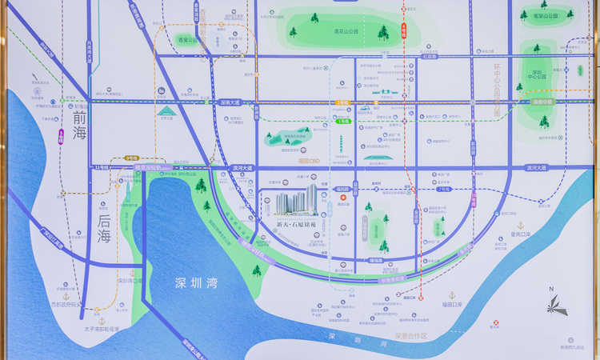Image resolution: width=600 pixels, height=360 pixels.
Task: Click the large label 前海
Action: click(78, 125)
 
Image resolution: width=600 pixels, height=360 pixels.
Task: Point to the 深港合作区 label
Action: click(411, 336)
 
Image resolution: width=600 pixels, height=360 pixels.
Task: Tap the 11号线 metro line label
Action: click(102, 168)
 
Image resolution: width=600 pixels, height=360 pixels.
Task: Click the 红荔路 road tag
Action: click(431, 57)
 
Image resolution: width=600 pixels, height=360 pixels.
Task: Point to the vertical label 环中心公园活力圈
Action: click(496, 89)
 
